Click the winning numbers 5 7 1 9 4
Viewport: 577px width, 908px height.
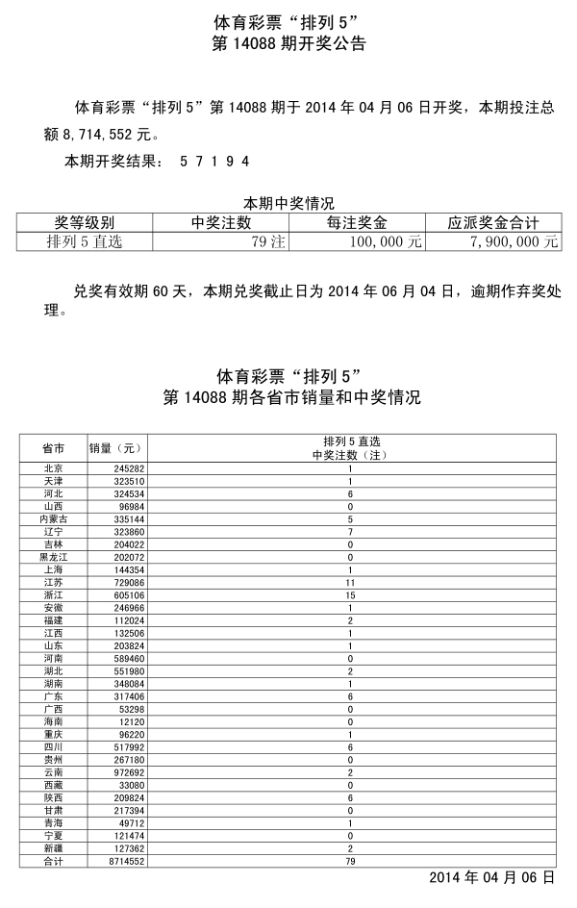click(x=214, y=162)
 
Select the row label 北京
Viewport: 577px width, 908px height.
click(x=54, y=468)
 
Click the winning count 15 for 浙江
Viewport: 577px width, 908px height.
click(x=350, y=594)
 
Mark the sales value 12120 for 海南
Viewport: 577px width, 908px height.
click(x=130, y=720)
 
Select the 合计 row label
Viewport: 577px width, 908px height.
click(x=54, y=862)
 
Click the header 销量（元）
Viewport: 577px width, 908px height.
click(x=115, y=447)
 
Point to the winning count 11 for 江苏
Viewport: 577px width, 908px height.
click(x=350, y=583)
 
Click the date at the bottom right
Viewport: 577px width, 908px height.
click(x=491, y=877)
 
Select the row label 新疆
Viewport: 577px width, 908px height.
click(x=54, y=847)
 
